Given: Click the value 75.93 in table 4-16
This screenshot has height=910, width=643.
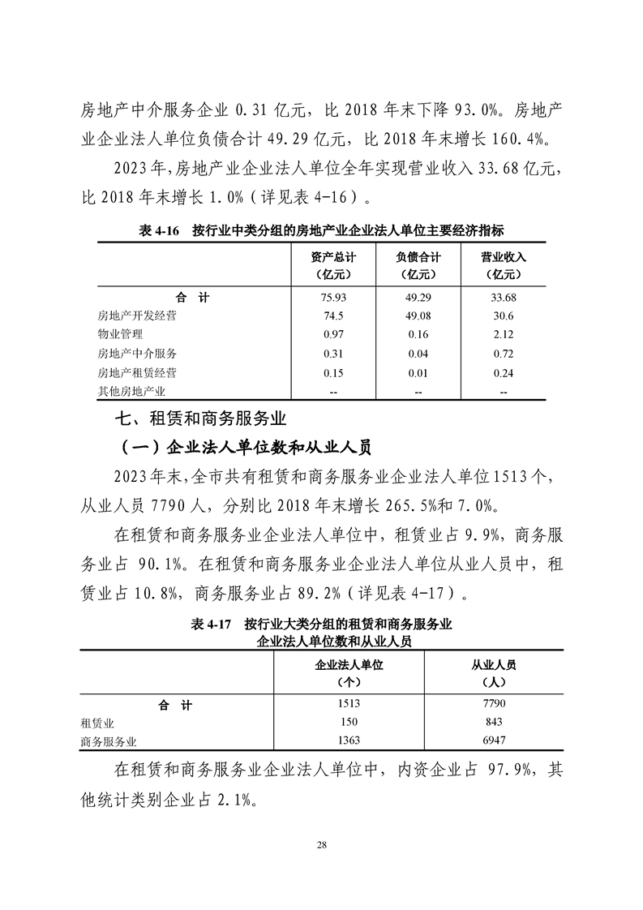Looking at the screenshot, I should (x=333, y=298).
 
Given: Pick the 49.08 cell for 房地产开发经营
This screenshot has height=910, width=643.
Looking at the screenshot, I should (x=418, y=316).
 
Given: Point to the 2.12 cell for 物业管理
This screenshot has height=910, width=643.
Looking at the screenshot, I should (x=504, y=335).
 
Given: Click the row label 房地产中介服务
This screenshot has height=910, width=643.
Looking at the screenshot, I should (x=137, y=354).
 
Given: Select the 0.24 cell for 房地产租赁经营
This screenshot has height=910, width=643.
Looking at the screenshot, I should (x=504, y=373).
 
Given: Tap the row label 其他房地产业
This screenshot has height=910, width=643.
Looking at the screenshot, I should (x=131, y=392).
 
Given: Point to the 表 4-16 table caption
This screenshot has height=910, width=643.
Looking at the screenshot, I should (x=321, y=231).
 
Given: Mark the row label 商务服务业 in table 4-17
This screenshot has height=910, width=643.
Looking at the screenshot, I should (x=109, y=741).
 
